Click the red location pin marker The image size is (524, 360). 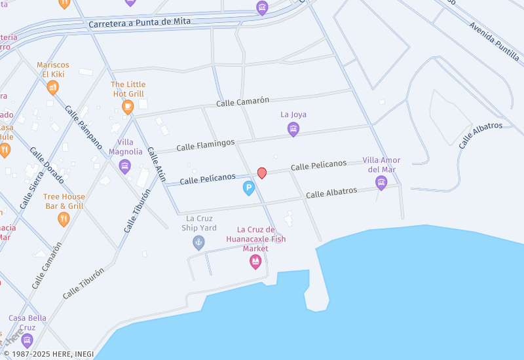click(261, 173)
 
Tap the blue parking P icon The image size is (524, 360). click(249, 189)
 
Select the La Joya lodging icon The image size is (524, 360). click(293, 129)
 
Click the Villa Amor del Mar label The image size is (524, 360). click(381, 165)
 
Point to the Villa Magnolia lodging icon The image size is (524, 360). click(125, 166)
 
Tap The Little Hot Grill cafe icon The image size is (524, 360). click(128, 106)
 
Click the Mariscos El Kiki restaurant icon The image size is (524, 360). click(52, 87)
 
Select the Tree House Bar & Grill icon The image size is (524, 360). click(64, 219)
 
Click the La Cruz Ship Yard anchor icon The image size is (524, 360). click(198, 243)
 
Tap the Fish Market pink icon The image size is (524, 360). click(255, 262)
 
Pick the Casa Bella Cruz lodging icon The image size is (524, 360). click(27, 340)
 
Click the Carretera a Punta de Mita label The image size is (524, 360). click(140, 22)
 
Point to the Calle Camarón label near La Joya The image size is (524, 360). click(243, 101)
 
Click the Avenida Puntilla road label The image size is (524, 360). click(495, 41)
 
